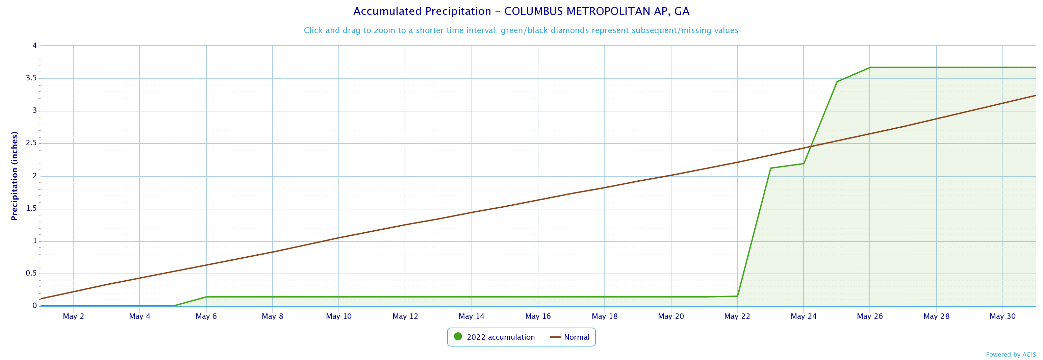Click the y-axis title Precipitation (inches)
pyautogui.click(x=15, y=176)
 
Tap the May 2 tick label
pyautogui.click(x=73, y=316)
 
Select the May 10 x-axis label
pyautogui.click(x=339, y=316)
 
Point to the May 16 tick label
pyautogui.click(x=538, y=316)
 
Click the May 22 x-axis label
pyautogui.click(x=737, y=316)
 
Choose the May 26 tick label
pyautogui.click(x=870, y=316)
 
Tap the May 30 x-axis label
pyautogui.click(x=1002, y=316)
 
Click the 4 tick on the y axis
pyautogui.click(x=34, y=45)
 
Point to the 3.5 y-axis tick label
pyautogui.click(x=31, y=78)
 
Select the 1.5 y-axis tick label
pyautogui.click(x=31, y=209)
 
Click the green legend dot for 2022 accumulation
pyautogui.click(x=458, y=336)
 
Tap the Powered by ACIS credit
pyautogui.click(x=1011, y=355)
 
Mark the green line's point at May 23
pyautogui.click(x=770, y=168)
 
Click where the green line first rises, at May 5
pyautogui.click(x=173, y=306)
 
